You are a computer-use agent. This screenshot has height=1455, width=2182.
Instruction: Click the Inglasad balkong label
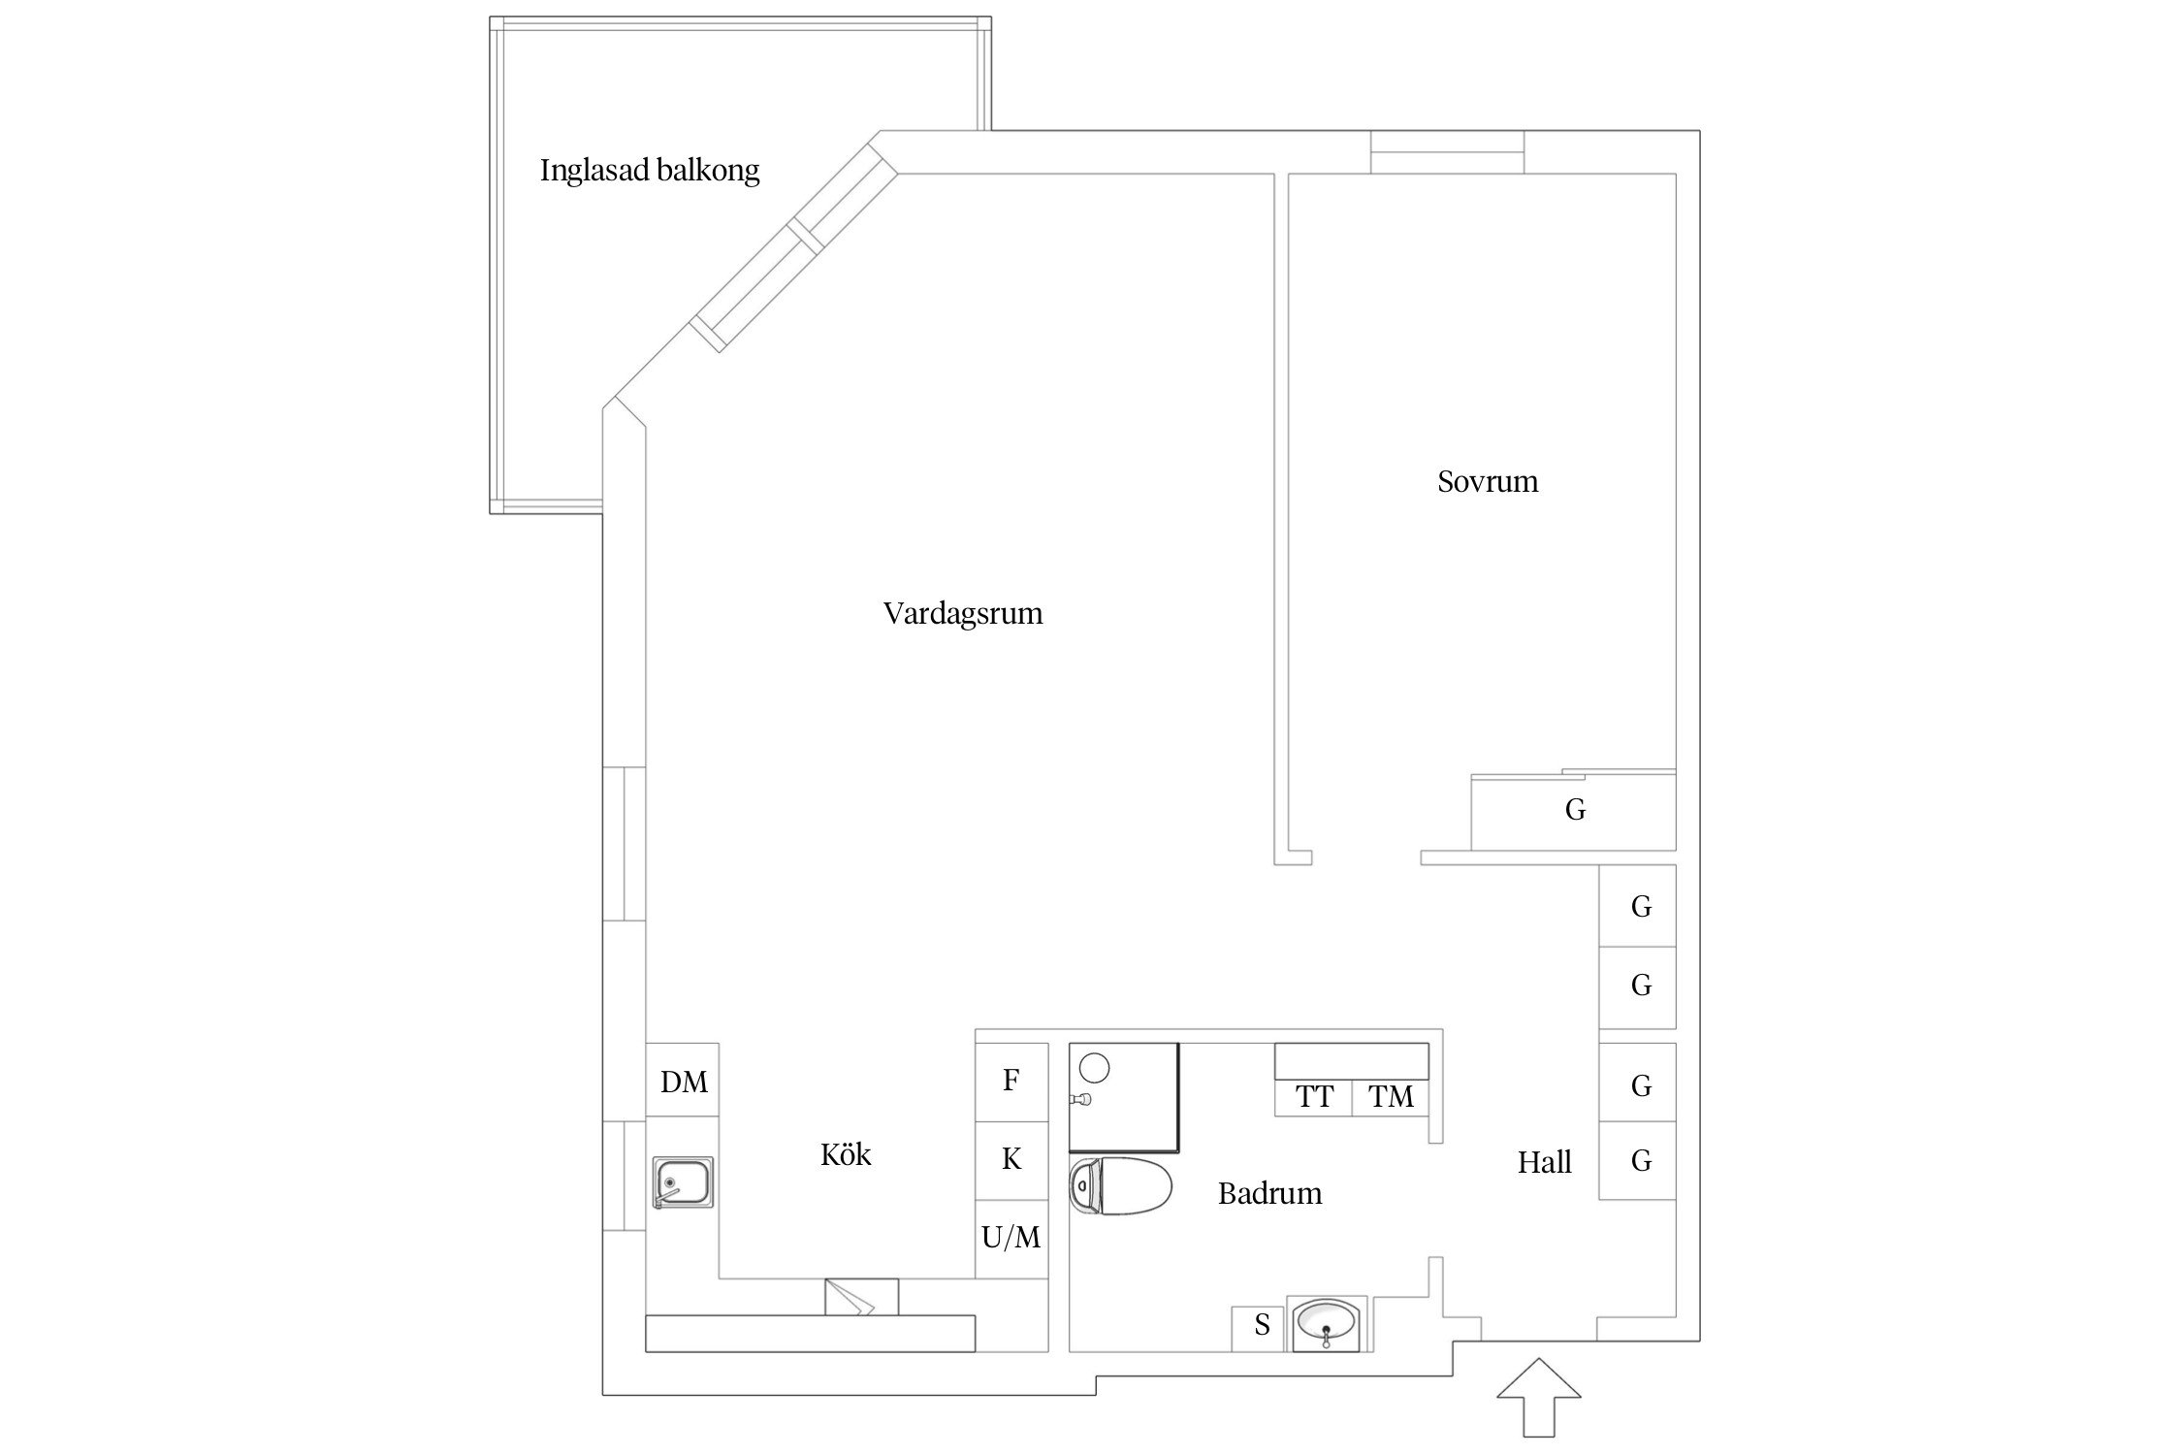(x=649, y=171)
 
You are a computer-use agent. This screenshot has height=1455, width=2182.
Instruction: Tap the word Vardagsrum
(x=962, y=613)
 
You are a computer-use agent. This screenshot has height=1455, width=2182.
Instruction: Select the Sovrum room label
(x=1487, y=481)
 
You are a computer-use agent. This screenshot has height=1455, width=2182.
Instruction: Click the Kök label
(x=845, y=1154)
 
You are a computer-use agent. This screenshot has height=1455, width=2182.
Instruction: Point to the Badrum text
(x=1268, y=1193)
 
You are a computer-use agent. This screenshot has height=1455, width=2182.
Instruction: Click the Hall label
(x=1544, y=1162)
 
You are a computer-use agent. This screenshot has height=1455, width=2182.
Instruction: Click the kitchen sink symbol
(x=683, y=1182)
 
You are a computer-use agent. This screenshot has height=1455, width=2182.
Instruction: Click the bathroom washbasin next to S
(x=1327, y=1323)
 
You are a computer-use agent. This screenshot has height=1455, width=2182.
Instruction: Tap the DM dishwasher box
(x=683, y=1082)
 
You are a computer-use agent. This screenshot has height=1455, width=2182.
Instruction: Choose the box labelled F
(x=1011, y=1081)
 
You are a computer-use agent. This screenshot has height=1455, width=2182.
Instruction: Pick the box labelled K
(x=1011, y=1159)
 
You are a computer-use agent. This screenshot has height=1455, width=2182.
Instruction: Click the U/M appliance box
(x=1011, y=1238)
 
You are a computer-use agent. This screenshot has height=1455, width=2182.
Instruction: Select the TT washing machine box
(x=1314, y=1097)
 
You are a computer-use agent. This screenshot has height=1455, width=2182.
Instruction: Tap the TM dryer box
(x=1390, y=1097)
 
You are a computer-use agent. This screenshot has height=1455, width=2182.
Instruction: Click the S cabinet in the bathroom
(x=1260, y=1325)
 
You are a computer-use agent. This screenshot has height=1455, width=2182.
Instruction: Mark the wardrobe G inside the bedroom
(x=1574, y=811)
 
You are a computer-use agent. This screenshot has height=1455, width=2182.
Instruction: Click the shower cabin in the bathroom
(x=1123, y=1096)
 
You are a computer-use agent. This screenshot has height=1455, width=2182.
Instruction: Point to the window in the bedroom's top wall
(x=1446, y=152)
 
